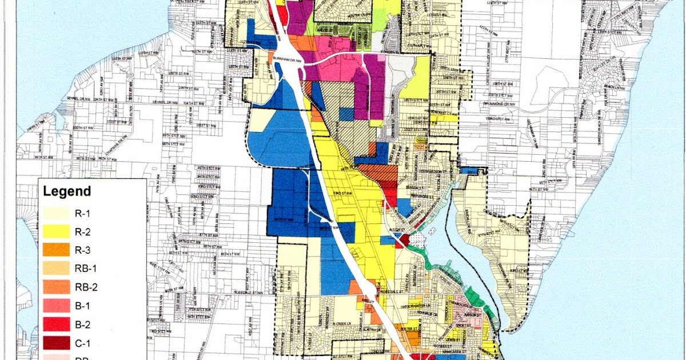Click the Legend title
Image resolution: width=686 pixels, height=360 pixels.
[67, 191]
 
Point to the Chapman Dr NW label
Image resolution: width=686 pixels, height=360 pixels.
[114, 151]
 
